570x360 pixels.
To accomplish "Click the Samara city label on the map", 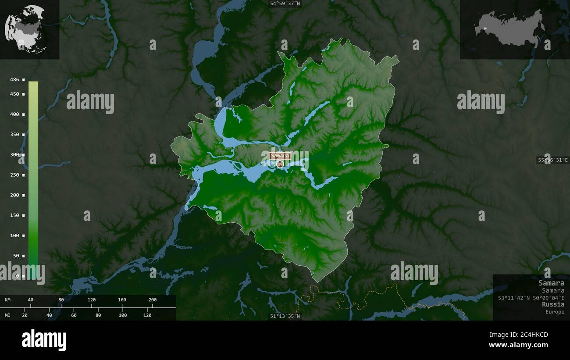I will coord(280,156).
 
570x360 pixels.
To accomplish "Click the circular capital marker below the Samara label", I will coord(280,164).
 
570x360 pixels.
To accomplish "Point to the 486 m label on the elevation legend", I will coord(18,79).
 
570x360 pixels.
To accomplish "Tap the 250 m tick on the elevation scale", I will coord(18,175).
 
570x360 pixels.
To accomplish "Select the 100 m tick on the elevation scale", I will coord(18,235).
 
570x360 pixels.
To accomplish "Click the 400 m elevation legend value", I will coord(18,114).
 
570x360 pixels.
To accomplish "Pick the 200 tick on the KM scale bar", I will coord(153,300).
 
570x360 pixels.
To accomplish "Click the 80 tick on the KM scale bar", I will coord(61,300).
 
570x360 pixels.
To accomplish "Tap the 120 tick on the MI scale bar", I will coord(147,315).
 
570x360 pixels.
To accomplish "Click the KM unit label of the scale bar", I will coord(8,300).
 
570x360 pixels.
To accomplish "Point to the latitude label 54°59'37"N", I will coord(285,4).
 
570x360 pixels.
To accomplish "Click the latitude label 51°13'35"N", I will coord(285,316).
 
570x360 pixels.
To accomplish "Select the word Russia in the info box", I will coord(553,304).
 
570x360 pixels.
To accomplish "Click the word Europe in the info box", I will coord(555,312).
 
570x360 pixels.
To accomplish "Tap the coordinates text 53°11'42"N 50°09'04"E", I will coord(531,297).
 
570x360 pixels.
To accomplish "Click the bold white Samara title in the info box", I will coord(551,283).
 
